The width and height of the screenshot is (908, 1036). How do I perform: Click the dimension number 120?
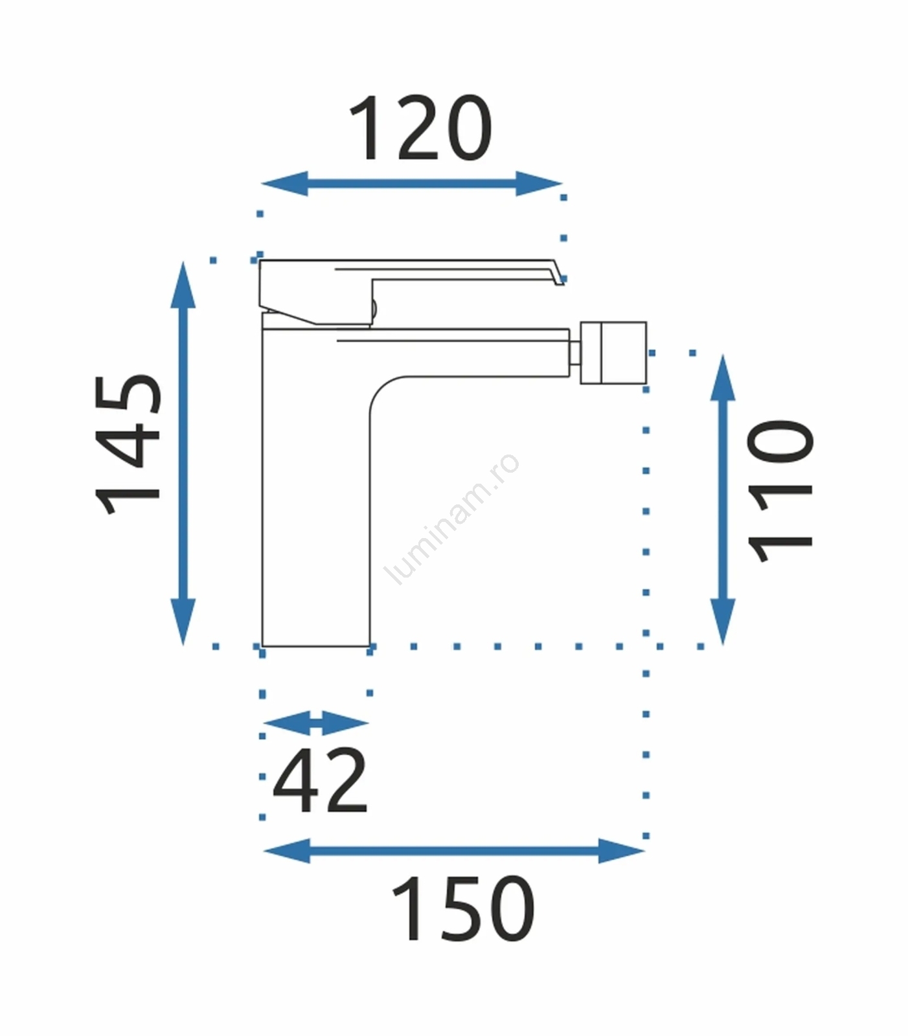pyautogui.click(x=420, y=128)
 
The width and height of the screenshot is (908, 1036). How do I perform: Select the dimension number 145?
pyautogui.click(x=128, y=444)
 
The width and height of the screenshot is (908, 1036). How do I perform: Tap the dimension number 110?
pyautogui.click(x=780, y=491)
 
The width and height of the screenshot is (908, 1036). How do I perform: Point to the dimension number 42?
pyautogui.click(x=321, y=780)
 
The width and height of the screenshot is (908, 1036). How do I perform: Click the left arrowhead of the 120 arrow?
pyautogui.click(x=284, y=183)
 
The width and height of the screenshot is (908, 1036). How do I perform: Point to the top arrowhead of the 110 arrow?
pyautogui.click(x=723, y=377)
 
